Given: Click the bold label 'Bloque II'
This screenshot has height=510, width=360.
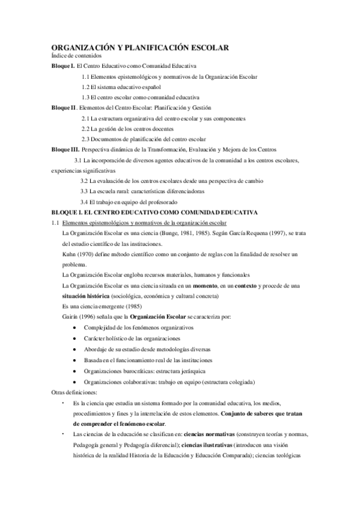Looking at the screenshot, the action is click(x=64, y=108).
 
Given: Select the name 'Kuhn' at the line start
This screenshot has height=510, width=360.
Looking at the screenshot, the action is click(x=69, y=255).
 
